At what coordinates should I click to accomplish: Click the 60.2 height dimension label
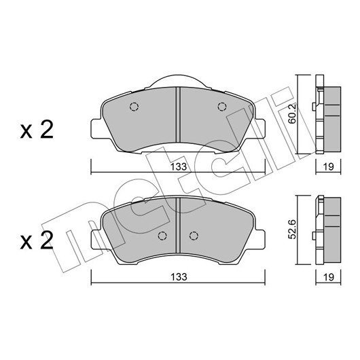point(292,113)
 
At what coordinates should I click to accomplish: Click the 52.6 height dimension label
point(292,230)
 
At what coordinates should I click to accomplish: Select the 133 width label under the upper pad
point(179,167)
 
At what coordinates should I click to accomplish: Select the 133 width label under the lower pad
point(179,277)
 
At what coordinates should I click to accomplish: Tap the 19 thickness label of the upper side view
point(328,167)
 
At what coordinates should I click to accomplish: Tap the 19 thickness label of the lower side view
point(328,277)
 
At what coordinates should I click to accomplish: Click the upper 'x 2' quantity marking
point(37,130)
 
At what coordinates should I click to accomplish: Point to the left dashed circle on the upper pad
point(134,107)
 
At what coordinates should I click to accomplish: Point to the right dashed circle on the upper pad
point(222,107)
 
